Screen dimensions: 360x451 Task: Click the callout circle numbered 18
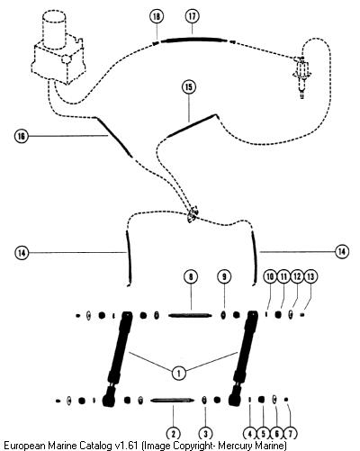click(x=157, y=16)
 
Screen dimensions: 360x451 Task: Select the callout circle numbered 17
click(x=192, y=16)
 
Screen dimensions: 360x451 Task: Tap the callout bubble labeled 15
click(x=189, y=87)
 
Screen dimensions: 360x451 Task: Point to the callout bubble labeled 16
click(x=22, y=137)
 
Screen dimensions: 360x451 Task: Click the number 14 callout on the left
click(x=22, y=253)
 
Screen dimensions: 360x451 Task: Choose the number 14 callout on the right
click(x=342, y=251)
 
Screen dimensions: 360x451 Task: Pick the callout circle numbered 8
click(x=191, y=276)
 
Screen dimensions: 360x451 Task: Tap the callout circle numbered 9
click(x=224, y=276)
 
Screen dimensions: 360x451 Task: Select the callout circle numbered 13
click(x=310, y=276)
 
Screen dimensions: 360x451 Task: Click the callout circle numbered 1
click(x=179, y=374)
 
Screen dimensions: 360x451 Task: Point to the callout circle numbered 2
click(x=174, y=434)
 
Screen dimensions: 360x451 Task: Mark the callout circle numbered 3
click(x=205, y=434)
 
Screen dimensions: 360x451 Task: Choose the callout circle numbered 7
click(x=290, y=434)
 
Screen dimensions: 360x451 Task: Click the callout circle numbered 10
click(x=270, y=276)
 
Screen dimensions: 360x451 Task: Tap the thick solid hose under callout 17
click(x=193, y=39)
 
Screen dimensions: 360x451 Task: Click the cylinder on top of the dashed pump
click(x=55, y=29)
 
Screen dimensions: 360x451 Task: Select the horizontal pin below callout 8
click(x=190, y=315)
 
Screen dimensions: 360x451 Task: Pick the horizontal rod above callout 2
click(x=173, y=401)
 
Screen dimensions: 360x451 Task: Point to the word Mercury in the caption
click(x=234, y=445)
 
